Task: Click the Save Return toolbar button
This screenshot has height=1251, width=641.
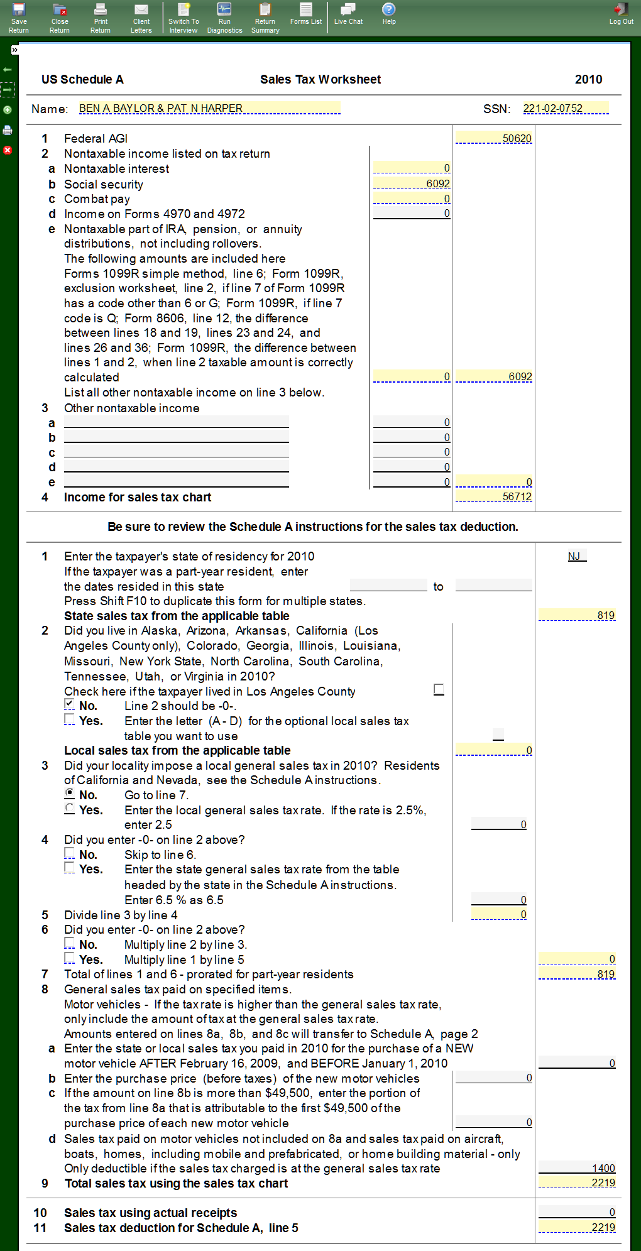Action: point(19,18)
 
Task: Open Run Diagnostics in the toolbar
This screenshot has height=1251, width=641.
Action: point(224,18)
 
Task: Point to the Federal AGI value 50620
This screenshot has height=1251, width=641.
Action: point(494,138)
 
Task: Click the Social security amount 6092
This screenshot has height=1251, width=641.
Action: point(412,183)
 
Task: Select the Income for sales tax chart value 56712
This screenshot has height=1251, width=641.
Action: point(494,497)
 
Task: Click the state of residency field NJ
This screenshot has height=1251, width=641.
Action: point(574,556)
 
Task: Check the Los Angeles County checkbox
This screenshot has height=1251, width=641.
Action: point(439,689)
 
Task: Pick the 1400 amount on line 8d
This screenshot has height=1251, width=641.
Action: point(578,1168)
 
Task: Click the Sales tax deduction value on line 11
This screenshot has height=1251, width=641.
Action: point(578,1227)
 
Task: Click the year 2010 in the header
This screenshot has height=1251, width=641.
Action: point(588,79)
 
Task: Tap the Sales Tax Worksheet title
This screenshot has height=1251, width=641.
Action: point(320,79)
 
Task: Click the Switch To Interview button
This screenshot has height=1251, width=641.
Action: point(184,18)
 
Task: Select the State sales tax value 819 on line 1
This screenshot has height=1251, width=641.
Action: point(578,615)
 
